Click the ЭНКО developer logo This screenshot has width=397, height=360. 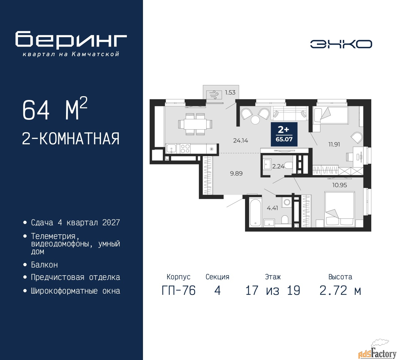(341, 44)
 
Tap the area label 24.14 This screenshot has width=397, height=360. (240, 141)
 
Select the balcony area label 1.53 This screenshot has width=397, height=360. (230, 92)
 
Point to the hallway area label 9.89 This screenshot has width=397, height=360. (236, 173)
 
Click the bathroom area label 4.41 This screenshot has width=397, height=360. (272, 208)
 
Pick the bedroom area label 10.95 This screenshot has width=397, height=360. (339, 185)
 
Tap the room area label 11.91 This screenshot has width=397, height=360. (334, 144)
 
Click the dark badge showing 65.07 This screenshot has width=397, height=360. (284, 134)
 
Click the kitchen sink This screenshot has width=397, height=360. (172, 149)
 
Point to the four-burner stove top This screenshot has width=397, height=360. (185, 149)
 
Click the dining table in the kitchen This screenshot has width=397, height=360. (195, 124)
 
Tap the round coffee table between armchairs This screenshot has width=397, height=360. (255, 120)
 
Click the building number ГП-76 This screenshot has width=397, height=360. (179, 290)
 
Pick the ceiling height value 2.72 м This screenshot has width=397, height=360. (340, 290)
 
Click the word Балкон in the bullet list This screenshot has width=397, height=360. (44, 265)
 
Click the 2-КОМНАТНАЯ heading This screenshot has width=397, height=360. (71, 139)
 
